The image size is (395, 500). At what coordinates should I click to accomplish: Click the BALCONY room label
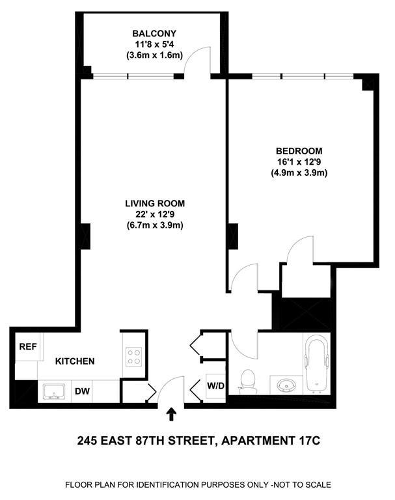click(154, 34)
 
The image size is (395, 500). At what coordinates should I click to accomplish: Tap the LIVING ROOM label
click(154, 203)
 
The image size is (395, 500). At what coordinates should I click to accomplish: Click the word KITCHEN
click(75, 361)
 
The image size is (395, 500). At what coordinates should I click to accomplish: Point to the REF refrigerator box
click(27, 347)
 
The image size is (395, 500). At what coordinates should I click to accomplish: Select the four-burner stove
click(134, 355)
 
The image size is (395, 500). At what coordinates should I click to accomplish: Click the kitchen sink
click(54, 392)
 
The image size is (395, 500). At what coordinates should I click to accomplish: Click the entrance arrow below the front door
click(172, 413)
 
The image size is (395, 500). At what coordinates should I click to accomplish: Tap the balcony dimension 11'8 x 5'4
click(154, 45)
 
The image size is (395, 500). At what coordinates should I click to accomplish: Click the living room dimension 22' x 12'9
click(154, 214)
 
